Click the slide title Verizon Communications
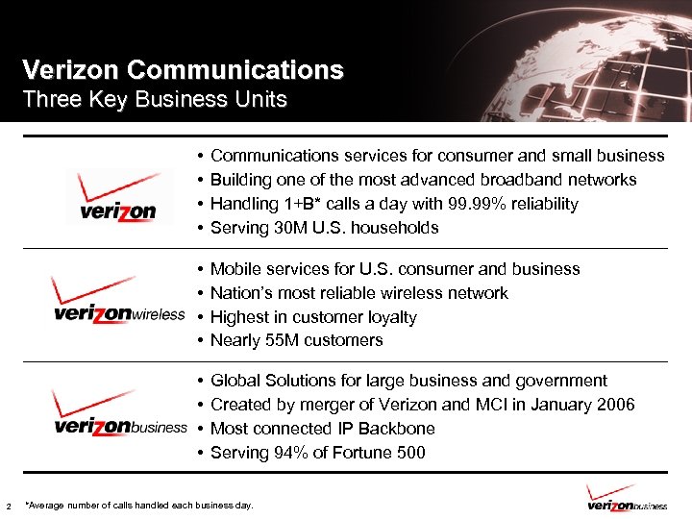[x=183, y=70]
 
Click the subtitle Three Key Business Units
[x=154, y=99]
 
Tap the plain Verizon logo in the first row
[x=117, y=199]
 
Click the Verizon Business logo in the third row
[x=119, y=414]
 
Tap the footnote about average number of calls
[x=139, y=505]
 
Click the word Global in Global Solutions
[x=235, y=381]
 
